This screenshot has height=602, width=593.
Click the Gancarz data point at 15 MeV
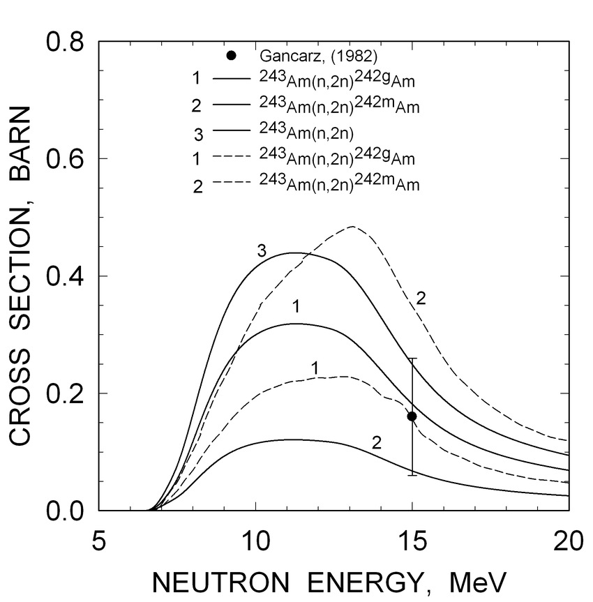click(x=412, y=416)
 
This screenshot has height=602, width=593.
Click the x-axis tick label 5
click(x=98, y=541)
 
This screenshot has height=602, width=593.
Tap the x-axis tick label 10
click(x=255, y=541)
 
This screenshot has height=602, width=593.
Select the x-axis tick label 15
click(x=412, y=541)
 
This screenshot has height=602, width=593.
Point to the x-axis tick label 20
click(x=569, y=541)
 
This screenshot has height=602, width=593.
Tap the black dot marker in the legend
click(x=231, y=56)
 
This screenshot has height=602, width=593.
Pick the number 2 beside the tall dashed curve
click(x=421, y=299)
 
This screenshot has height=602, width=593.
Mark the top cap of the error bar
click(x=412, y=359)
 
